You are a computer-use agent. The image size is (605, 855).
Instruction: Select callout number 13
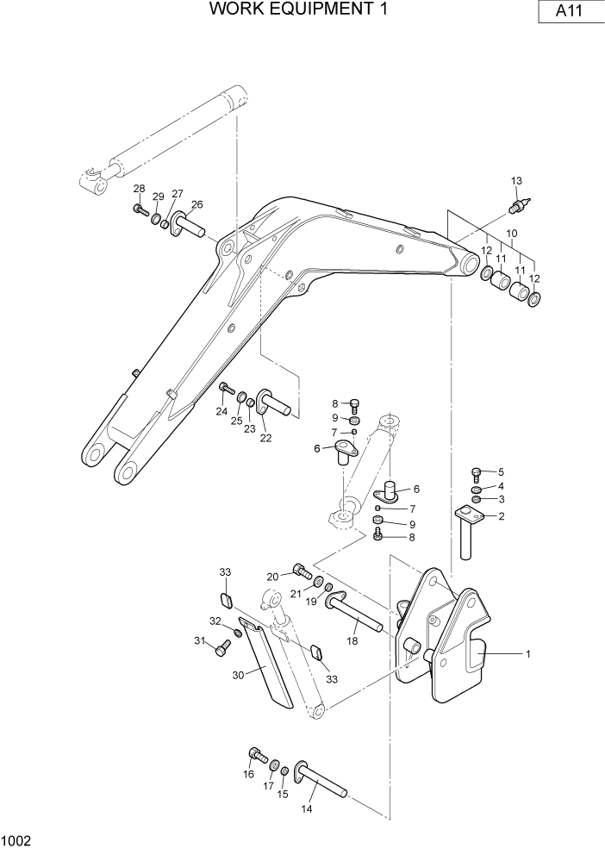pos(517,181)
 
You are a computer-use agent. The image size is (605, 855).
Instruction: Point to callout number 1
pos(527,653)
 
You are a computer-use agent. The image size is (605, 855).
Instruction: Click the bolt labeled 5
pos(476,473)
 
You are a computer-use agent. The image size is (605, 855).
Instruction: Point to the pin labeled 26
pos(187,225)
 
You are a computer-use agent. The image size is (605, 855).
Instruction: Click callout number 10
pos(511,234)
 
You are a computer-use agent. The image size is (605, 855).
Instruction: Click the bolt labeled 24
pos(227,390)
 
